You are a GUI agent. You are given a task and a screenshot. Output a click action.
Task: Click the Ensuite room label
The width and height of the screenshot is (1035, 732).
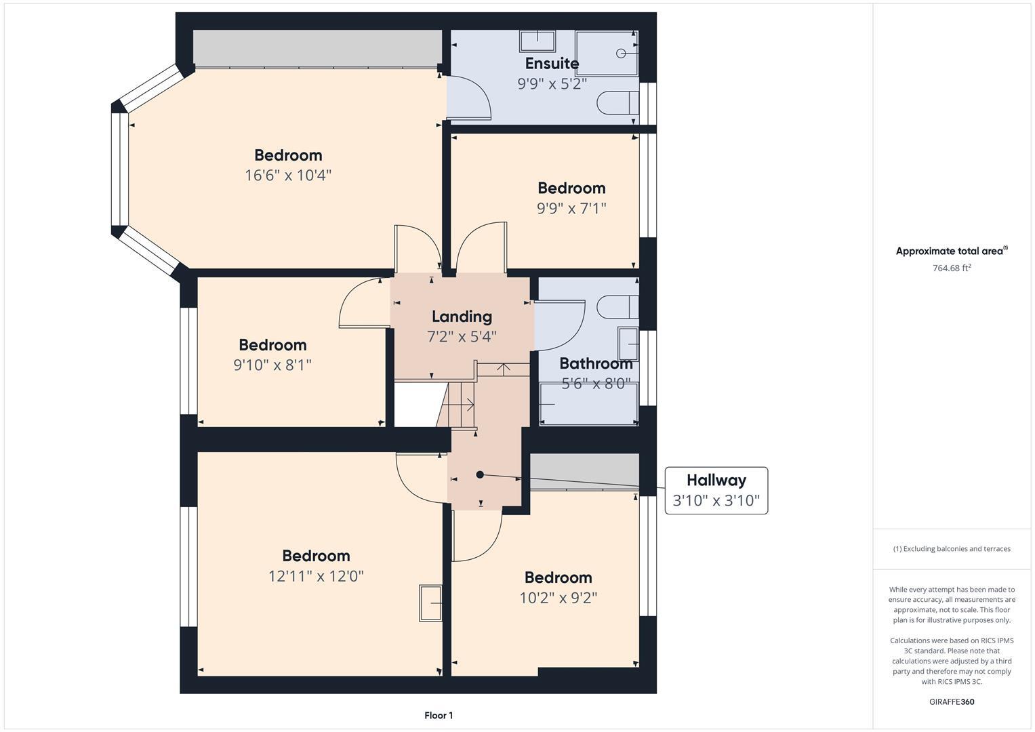[x=552, y=64]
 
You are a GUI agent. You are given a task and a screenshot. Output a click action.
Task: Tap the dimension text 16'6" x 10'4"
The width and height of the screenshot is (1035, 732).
[x=288, y=176]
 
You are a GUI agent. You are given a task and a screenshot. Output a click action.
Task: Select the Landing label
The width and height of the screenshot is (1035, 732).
[x=462, y=317]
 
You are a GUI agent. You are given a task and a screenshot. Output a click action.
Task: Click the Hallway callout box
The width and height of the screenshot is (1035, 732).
[x=716, y=490]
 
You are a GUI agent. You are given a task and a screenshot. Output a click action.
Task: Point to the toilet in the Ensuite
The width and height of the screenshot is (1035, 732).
[x=617, y=103]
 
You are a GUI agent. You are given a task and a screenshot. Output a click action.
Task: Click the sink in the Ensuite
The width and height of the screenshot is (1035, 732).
[x=537, y=41]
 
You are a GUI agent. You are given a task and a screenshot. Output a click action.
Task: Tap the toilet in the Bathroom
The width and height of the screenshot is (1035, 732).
[x=617, y=306]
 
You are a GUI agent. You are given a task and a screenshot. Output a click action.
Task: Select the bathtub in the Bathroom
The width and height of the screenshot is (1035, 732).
[x=588, y=405]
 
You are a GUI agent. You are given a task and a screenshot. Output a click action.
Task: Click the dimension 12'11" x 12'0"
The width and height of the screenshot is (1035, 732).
[x=316, y=576]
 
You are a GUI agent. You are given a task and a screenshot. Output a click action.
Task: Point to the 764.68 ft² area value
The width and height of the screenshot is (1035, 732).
[x=952, y=268]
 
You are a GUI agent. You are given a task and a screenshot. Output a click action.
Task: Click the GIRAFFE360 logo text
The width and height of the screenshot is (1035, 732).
[x=952, y=701]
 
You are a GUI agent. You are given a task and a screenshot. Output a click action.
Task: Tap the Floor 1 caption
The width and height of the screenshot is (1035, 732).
[x=439, y=715]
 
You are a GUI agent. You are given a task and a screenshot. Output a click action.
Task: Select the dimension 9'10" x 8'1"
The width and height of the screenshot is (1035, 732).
[x=272, y=365]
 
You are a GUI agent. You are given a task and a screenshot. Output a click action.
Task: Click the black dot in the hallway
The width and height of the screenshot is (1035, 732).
[x=480, y=474]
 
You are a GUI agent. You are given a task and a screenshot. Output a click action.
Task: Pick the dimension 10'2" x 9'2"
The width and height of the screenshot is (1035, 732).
[x=558, y=598]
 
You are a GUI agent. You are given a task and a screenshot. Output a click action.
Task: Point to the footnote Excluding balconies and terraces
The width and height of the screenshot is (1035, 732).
[x=952, y=549]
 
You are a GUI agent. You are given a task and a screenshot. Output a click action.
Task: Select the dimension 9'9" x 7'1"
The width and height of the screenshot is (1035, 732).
[x=571, y=208]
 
